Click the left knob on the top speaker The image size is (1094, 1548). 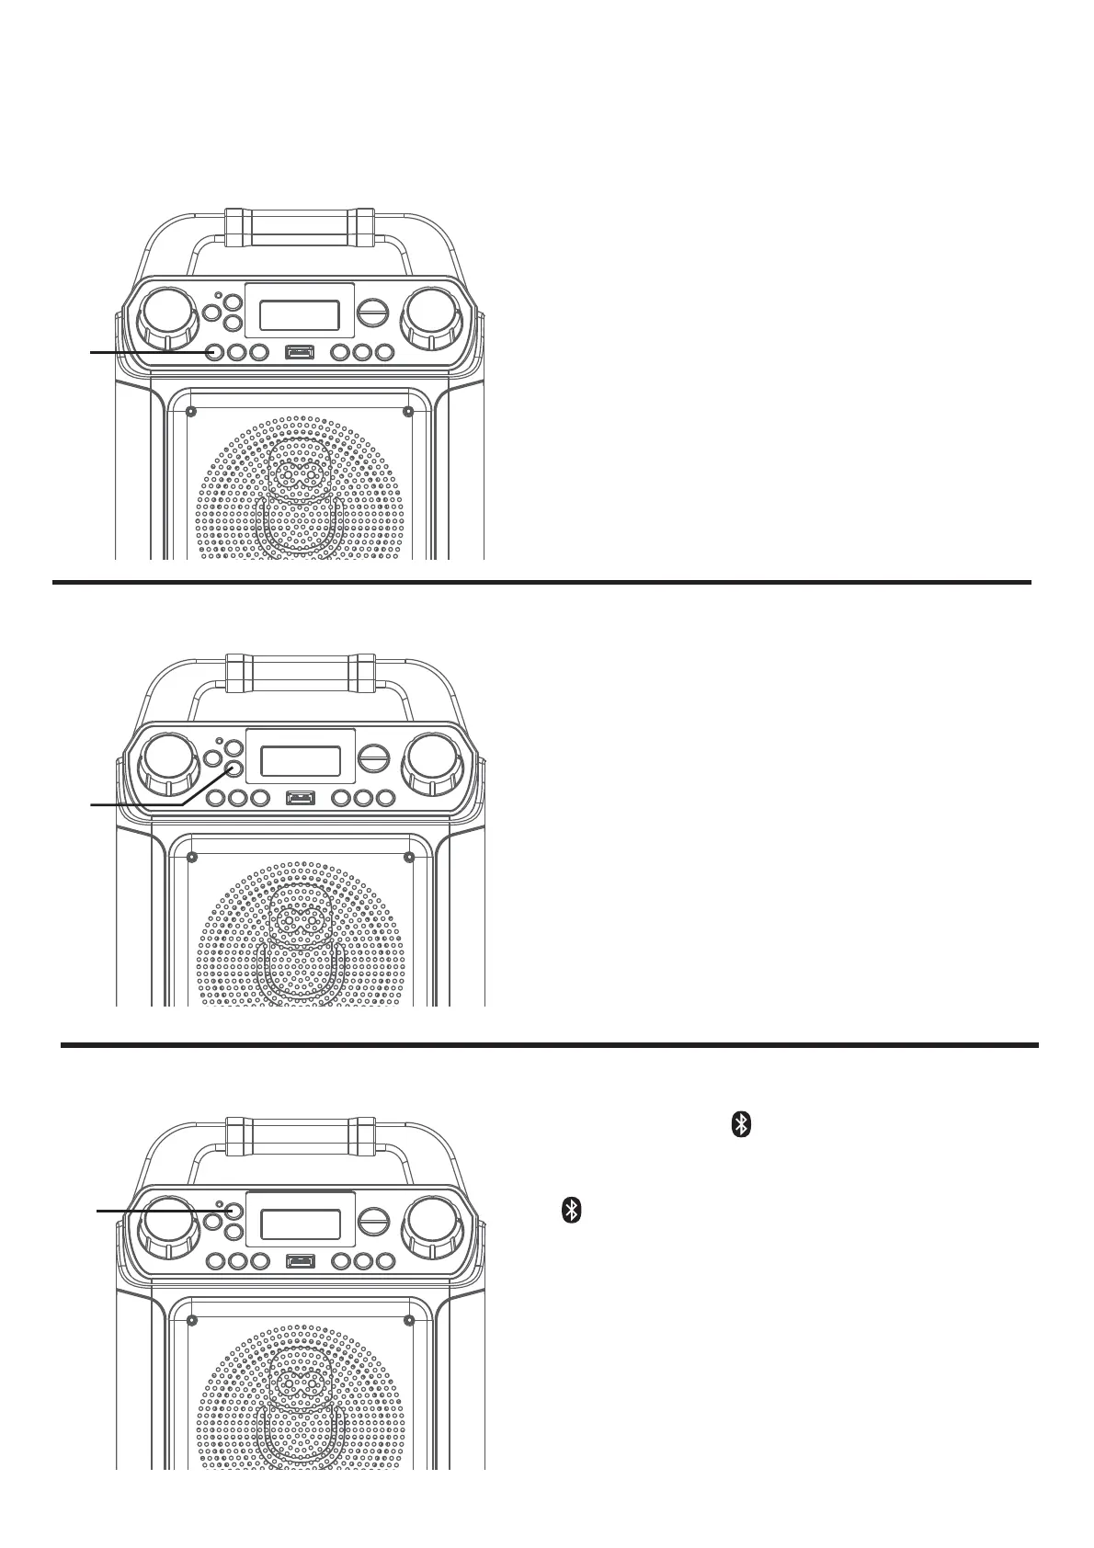pos(168,318)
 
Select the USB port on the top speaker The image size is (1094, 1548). pos(300,351)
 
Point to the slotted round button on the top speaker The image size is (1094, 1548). pos(372,312)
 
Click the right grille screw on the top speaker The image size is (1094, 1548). pos(408,410)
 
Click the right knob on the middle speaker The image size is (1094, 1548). pos(430,764)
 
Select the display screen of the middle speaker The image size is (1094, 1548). pos(301,761)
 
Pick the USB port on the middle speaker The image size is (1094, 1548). pos(300,797)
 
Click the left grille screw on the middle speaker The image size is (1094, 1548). pos(191,858)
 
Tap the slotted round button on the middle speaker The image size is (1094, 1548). pos(372,759)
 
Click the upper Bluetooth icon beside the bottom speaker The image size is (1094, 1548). pos(741,1124)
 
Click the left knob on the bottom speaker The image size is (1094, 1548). pos(168,1228)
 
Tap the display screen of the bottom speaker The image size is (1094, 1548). pos(301,1224)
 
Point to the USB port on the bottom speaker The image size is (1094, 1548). pos(300,1260)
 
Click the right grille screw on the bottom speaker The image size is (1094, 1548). pos(408,1320)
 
